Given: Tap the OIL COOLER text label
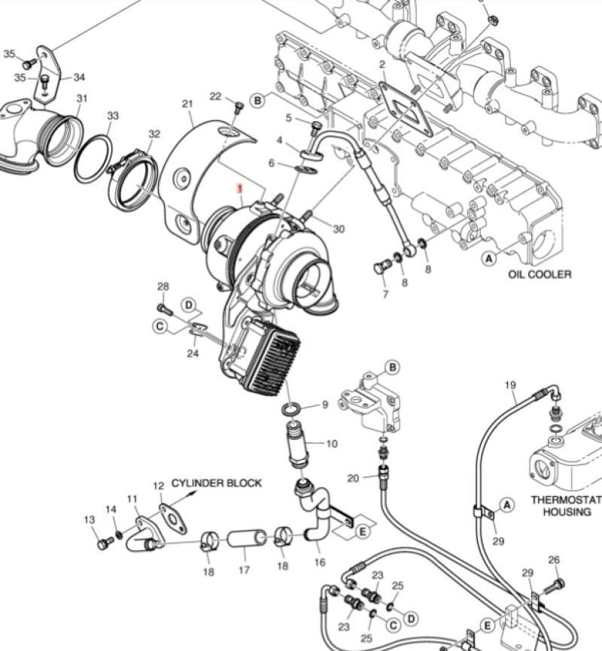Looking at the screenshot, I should point(539,274).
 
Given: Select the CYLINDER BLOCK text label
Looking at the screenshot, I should point(217,483).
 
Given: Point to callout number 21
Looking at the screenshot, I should point(187,104).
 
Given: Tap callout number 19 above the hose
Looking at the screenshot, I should point(510,386).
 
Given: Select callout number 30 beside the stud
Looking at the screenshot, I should point(339,229).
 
